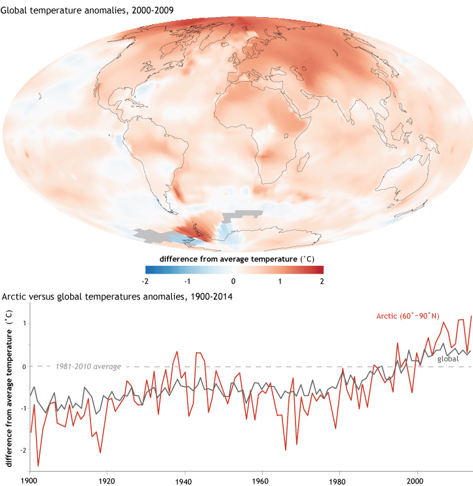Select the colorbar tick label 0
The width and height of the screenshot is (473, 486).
click(x=234, y=280)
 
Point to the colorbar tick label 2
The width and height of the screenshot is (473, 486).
click(x=322, y=280)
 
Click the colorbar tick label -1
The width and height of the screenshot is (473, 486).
click(x=189, y=280)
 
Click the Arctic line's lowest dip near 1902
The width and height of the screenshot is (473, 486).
click(x=38, y=466)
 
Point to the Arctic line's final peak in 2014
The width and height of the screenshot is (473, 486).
click(x=471, y=316)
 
